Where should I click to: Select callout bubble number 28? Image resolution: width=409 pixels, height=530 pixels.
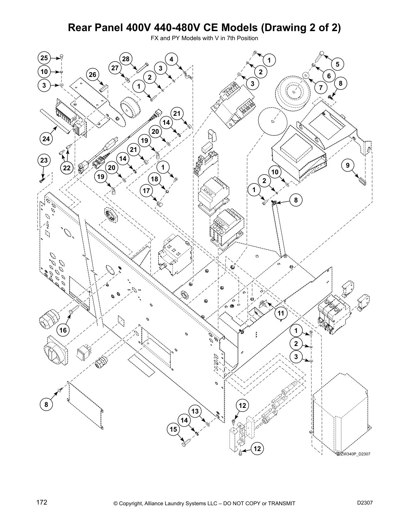[x=126, y=59]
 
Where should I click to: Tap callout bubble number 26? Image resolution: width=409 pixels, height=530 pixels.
[x=93, y=75]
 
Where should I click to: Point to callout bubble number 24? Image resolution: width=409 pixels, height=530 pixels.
[x=46, y=139]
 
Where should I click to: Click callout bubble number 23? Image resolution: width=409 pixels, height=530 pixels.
[x=44, y=161]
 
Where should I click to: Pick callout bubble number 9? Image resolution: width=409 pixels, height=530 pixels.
[x=348, y=165]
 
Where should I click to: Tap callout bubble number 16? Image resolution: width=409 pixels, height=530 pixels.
[x=63, y=331]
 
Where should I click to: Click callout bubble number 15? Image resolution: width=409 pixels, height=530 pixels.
[x=173, y=429]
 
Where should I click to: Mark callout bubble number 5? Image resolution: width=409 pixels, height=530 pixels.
[x=337, y=64]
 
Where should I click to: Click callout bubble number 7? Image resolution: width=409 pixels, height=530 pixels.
[x=321, y=88]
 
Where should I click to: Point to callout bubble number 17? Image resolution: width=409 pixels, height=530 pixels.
[x=146, y=191]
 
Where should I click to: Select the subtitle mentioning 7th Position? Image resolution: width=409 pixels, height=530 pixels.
[x=204, y=38]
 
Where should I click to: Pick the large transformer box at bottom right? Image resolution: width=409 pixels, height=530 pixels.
[x=341, y=415]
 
